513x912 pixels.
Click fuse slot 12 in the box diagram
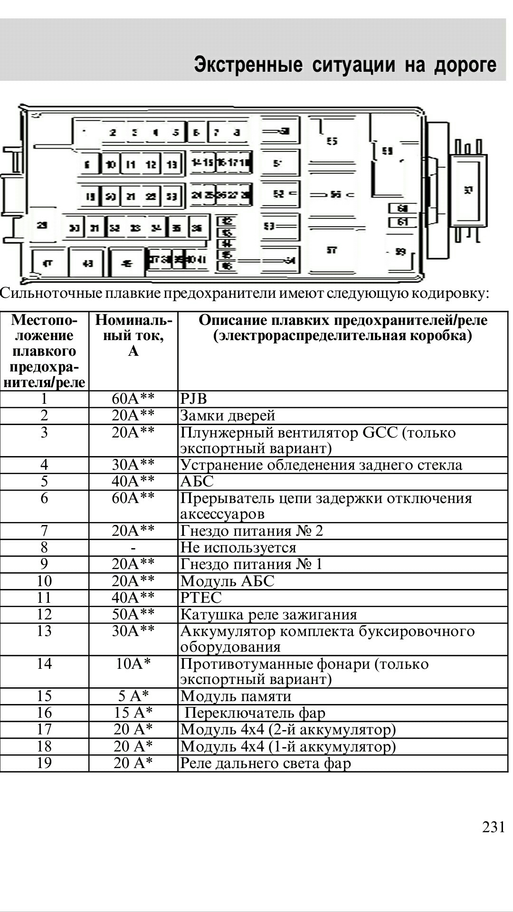click(x=151, y=164)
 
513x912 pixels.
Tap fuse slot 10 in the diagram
click(x=111, y=164)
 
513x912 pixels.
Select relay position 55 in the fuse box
click(x=332, y=141)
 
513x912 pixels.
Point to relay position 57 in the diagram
click(x=332, y=250)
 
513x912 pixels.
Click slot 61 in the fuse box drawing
click(x=403, y=222)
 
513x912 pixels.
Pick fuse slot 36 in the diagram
click(x=197, y=228)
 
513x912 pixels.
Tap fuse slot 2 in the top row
click(x=113, y=133)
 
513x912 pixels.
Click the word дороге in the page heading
click(x=465, y=65)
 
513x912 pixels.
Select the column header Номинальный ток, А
click(x=133, y=335)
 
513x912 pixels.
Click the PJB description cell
click(x=194, y=399)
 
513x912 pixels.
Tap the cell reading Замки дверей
click(x=228, y=416)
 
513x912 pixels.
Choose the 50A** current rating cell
click(x=133, y=614)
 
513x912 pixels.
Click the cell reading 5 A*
click(x=133, y=696)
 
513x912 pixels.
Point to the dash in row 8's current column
click(x=133, y=548)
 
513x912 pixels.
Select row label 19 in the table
click(x=44, y=763)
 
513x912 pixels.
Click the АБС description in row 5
click(x=197, y=481)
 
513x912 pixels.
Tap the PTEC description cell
click(x=201, y=598)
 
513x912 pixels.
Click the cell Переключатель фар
click(x=255, y=712)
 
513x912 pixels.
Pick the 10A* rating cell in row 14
click(x=133, y=664)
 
